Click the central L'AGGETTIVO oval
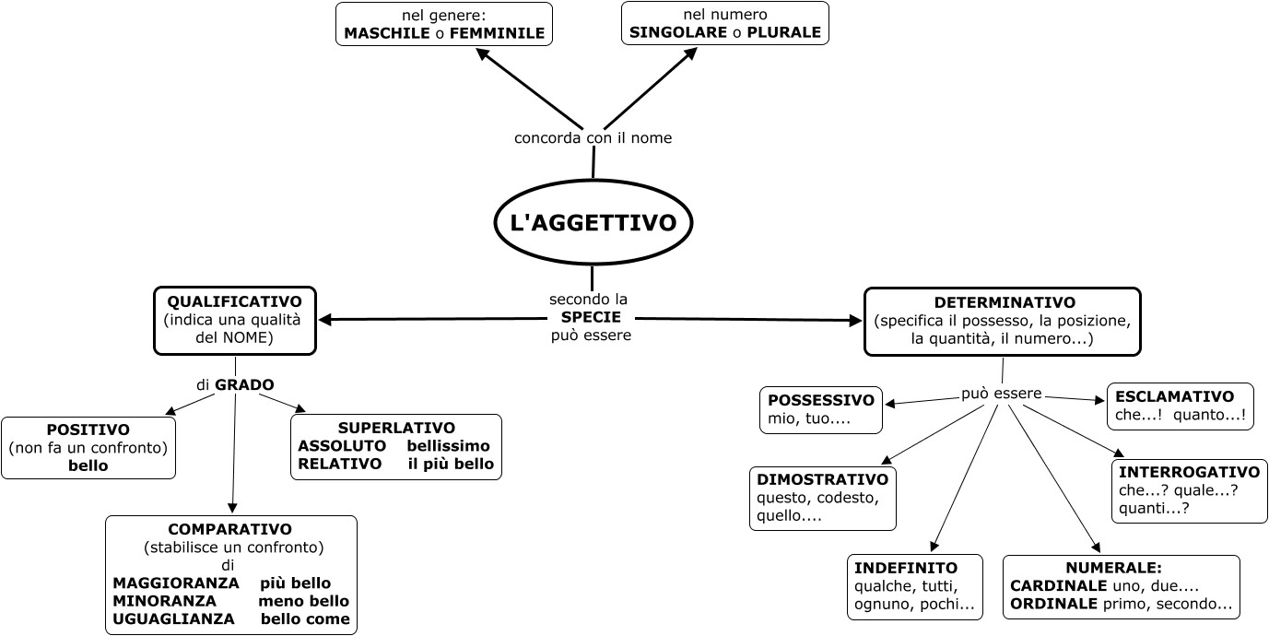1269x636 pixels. pyautogui.click(x=593, y=222)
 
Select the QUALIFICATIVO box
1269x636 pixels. pyautogui.click(x=234, y=320)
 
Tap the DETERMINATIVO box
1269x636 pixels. pyautogui.click(x=1003, y=321)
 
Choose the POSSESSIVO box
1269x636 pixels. pyautogui.click(x=820, y=410)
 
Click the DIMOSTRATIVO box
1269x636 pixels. pyautogui.click(x=822, y=499)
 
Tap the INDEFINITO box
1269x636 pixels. pyautogui.click(x=914, y=586)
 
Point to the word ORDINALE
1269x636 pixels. pyautogui.click(x=1053, y=605)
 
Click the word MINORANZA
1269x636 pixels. pyautogui.click(x=165, y=601)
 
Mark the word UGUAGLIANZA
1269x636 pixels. pyautogui.click(x=173, y=619)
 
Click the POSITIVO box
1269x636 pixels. pyautogui.click(x=88, y=448)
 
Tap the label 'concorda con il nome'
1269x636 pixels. pyautogui.click(x=593, y=138)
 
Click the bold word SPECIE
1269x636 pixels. pyautogui.click(x=591, y=317)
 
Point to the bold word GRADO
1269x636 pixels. pyautogui.click(x=245, y=384)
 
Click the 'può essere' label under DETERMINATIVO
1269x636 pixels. pyautogui.click(x=1001, y=394)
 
